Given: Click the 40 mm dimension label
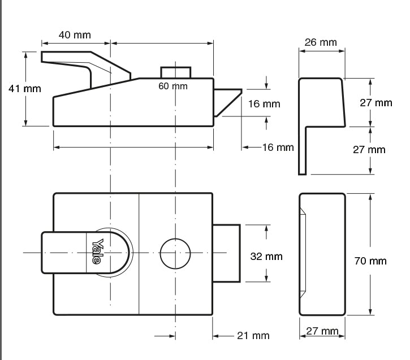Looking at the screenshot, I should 75,34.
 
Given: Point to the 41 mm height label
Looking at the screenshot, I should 24,89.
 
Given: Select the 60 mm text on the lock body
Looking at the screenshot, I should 172,86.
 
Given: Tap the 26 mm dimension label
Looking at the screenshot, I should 320,42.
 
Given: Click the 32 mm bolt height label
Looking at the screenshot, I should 266,256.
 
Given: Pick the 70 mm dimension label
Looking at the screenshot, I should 371,261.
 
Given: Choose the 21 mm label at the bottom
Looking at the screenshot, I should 253,336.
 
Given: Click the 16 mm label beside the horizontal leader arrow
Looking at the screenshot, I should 278,148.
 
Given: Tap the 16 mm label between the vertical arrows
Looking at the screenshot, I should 264,103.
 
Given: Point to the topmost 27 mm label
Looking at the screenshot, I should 376,102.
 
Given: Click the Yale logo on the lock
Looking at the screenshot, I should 97,251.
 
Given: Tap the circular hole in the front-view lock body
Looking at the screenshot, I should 175,253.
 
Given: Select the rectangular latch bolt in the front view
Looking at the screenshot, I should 227,253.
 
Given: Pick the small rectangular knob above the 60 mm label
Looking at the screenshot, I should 175,72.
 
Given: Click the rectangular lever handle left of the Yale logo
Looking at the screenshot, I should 62,253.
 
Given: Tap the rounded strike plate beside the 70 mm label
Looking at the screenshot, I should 321,254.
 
